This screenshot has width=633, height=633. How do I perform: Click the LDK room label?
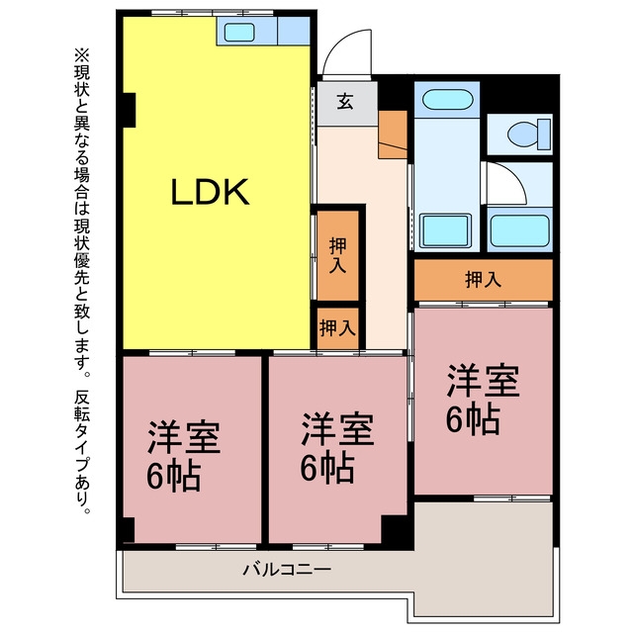210,192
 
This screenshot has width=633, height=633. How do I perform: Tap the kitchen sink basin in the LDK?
239,32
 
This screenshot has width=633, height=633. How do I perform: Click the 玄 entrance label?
345,101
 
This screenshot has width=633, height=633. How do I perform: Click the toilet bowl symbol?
524,134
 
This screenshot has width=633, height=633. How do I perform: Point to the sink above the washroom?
447,99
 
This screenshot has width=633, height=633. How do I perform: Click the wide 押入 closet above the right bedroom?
484,279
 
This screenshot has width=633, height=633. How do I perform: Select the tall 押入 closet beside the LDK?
337,255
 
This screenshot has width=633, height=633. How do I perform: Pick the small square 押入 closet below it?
337,327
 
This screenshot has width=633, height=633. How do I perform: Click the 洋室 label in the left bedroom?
184,437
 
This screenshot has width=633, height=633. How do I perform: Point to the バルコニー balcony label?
287,570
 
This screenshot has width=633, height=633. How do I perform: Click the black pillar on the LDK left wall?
130,110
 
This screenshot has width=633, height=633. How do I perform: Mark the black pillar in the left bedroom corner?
129,530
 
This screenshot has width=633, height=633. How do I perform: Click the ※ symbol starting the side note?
81,55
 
